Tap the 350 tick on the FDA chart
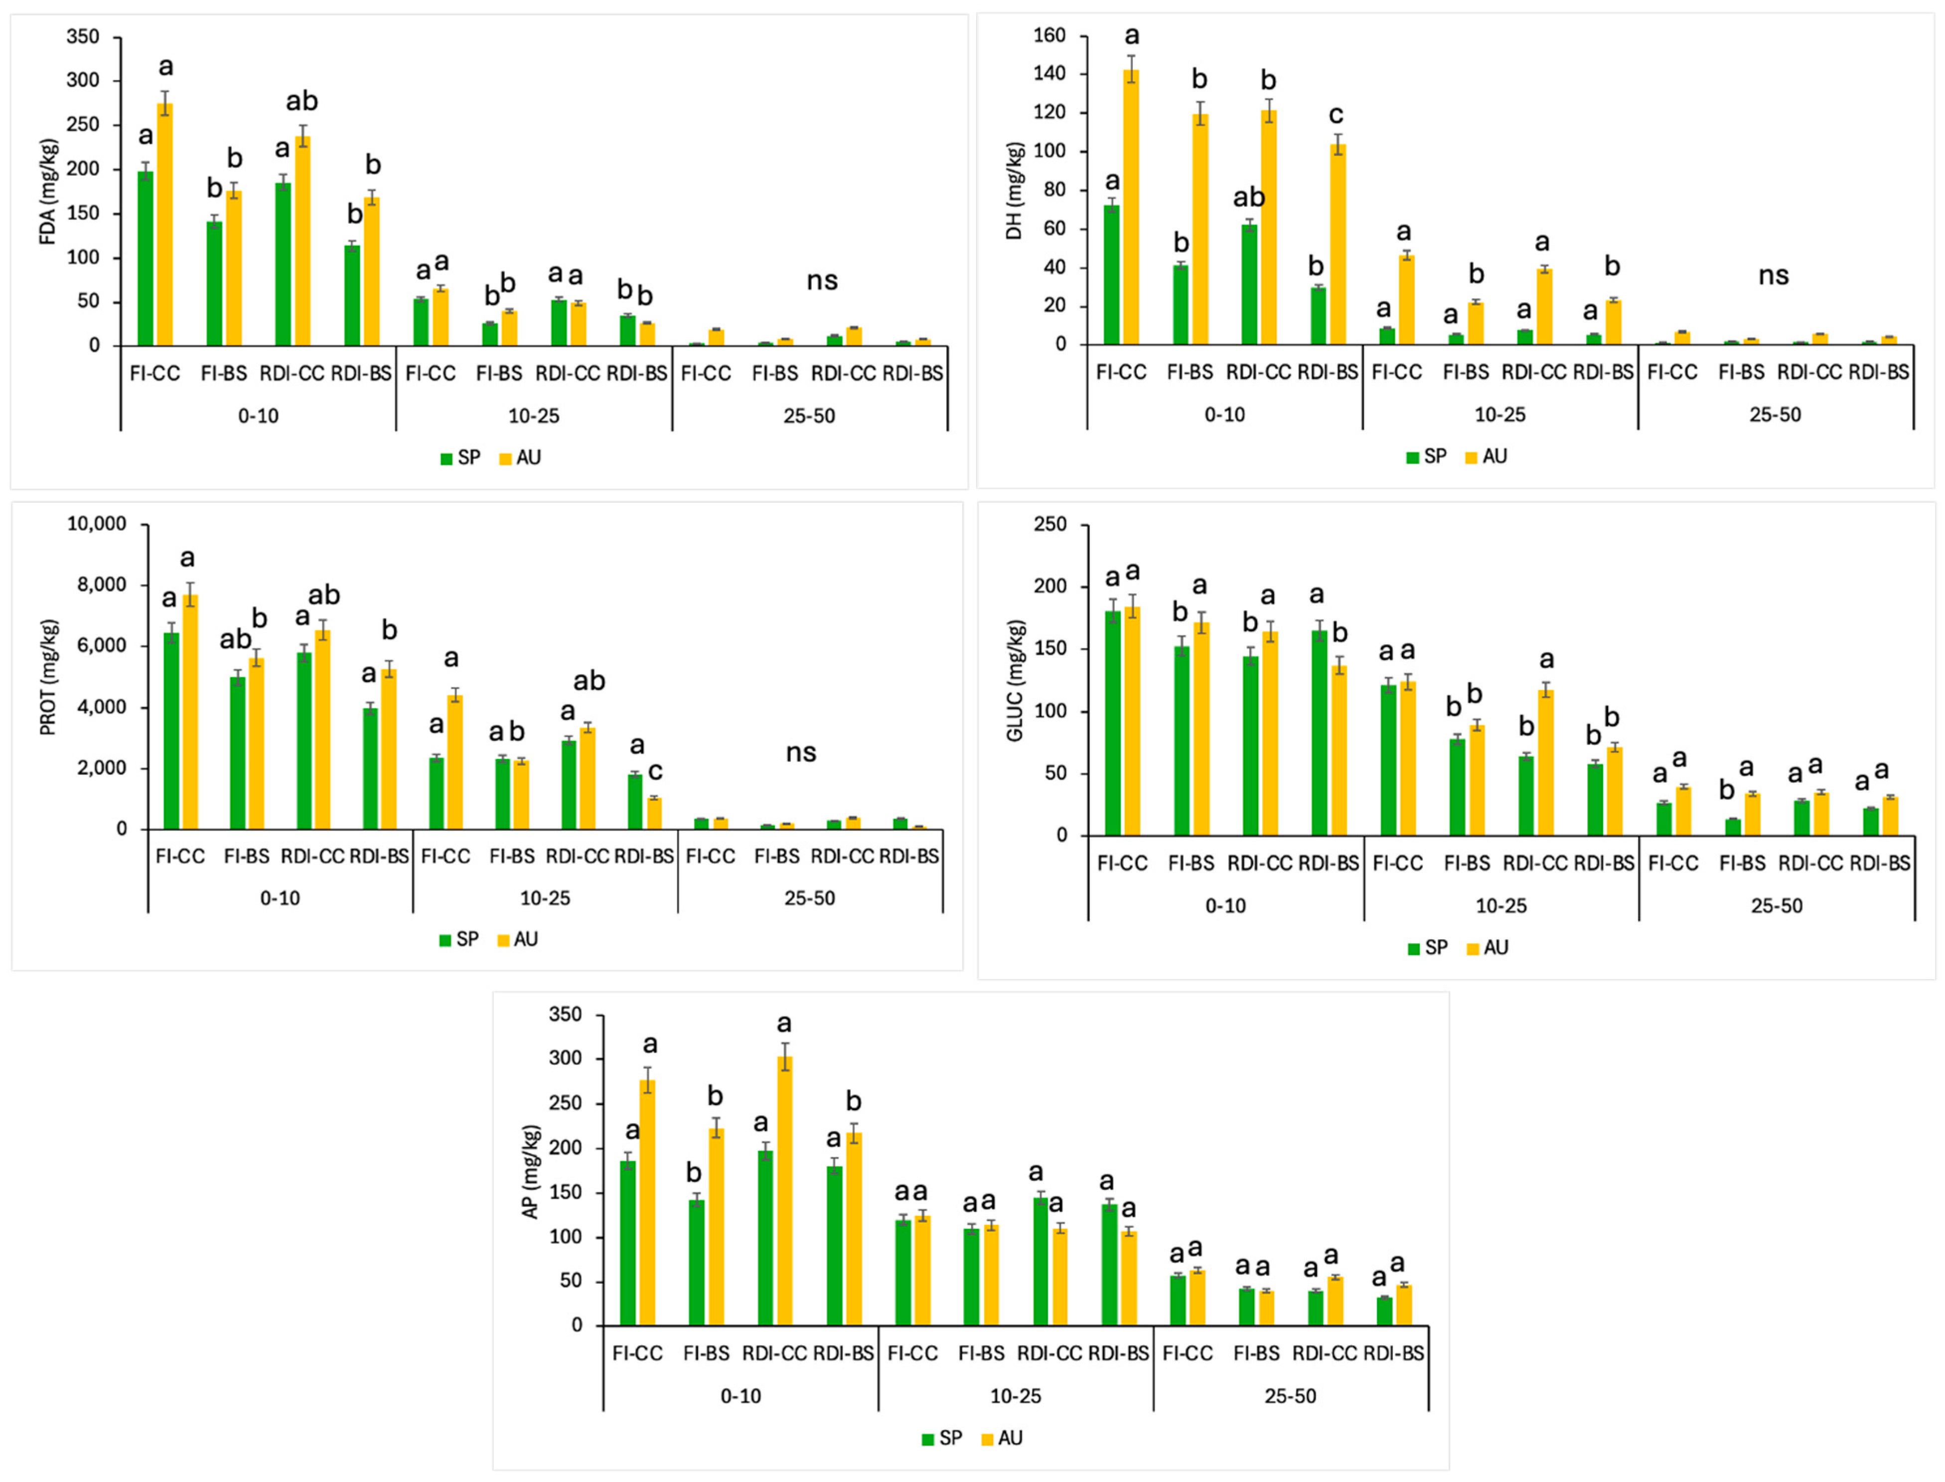pyautogui.click(x=83, y=37)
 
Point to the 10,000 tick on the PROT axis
pyautogui.click(x=97, y=524)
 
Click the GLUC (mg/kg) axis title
pyautogui.click(x=1015, y=680)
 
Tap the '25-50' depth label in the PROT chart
pyautogui.click(x=810, y=898)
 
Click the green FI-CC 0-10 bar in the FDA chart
pyautogui.click(x=146, y=259)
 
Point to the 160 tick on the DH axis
pyautogui.click(x=1049, y=36)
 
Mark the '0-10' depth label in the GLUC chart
pyautogui.click(x=1225, y=906)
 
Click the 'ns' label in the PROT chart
pyautogui.click(x=801, y=752)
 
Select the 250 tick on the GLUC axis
pyautogui.click(x=1049, y=525)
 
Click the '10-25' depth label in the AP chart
pyautogui.click(x=1015, y=1396)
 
